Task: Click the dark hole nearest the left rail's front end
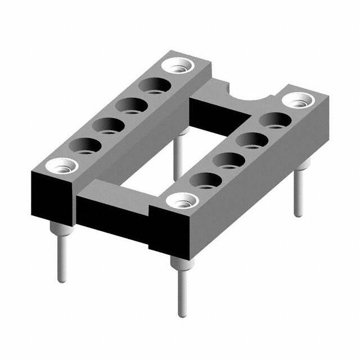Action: (x=85, y=146)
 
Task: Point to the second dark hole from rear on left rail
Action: (x=132, y=105)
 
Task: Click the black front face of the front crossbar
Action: (x=112, y=217)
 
